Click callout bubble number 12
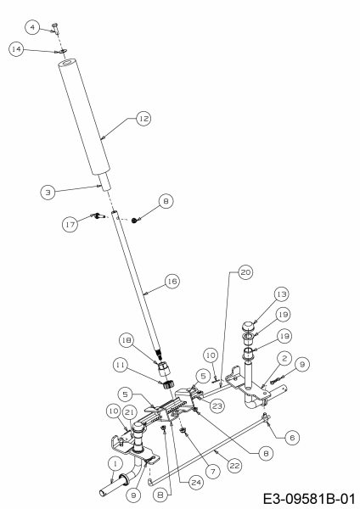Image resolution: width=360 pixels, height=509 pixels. pos(143,119)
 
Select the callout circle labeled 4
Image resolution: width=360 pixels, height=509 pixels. pos(32,27)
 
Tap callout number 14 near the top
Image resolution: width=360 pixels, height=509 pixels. pos(16,49)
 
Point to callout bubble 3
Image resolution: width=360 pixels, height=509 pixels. pos(48,193)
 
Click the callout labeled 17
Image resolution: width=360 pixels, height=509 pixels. pos(70,224)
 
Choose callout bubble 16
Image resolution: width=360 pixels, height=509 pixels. pos(172,281)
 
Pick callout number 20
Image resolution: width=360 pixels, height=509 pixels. pos(245,272)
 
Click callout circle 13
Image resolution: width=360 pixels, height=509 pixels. pos(281,294)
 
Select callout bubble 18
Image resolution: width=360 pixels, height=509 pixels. pos(127,340)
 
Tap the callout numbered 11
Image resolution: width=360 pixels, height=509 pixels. pos(121,365)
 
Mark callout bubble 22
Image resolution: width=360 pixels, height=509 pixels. pos(234,466)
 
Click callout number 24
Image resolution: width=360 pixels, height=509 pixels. pos(196,483)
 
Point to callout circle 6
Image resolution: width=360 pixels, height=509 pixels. pos(292,438)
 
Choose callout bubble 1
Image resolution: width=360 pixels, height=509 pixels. pos(115,464)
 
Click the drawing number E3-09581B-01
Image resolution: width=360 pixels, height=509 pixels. pos(309,499)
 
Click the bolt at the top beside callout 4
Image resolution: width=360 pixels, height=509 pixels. pos(55,29)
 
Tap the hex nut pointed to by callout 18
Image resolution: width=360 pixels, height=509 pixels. pos(163,368)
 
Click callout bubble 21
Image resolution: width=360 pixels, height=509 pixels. pos(130,413)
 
